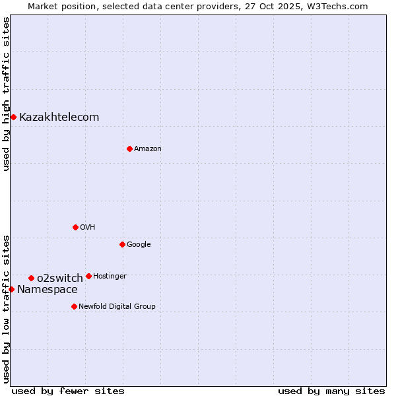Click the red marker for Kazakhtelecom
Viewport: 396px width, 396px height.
click(x=13, y=117)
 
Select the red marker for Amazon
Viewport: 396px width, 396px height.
click(x=129, y=148)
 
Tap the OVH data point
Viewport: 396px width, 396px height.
click(x=75, y=227)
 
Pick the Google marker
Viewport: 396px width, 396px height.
click(x=122, y=244)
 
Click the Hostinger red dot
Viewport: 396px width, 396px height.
click(x=88, y=276)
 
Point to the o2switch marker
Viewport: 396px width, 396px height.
click(x=31, y=278)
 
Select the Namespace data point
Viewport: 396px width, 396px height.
click(x=11, y=289)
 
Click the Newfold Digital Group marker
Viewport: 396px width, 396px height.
click(x=74, y=306)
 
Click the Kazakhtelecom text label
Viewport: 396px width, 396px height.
click(x=59, y=117)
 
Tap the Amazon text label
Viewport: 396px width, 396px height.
click(x=148, y=149)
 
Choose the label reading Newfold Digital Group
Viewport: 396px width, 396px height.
click(x=117, y=306)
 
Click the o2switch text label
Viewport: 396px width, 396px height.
click(x=60, y=278)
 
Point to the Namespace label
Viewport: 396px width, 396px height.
click(x=48, y=290)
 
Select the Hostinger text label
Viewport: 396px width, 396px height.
click(x=110, y=276)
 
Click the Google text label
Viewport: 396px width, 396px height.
click(x=139, y=244)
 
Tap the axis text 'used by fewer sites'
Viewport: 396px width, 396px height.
click(x=68, y=391)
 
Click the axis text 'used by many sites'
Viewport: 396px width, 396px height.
click(x=331, y=391)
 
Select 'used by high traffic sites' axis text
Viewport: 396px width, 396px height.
click(x=6, y=94)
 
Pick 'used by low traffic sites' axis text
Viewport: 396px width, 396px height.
click(x=6, y=309)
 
